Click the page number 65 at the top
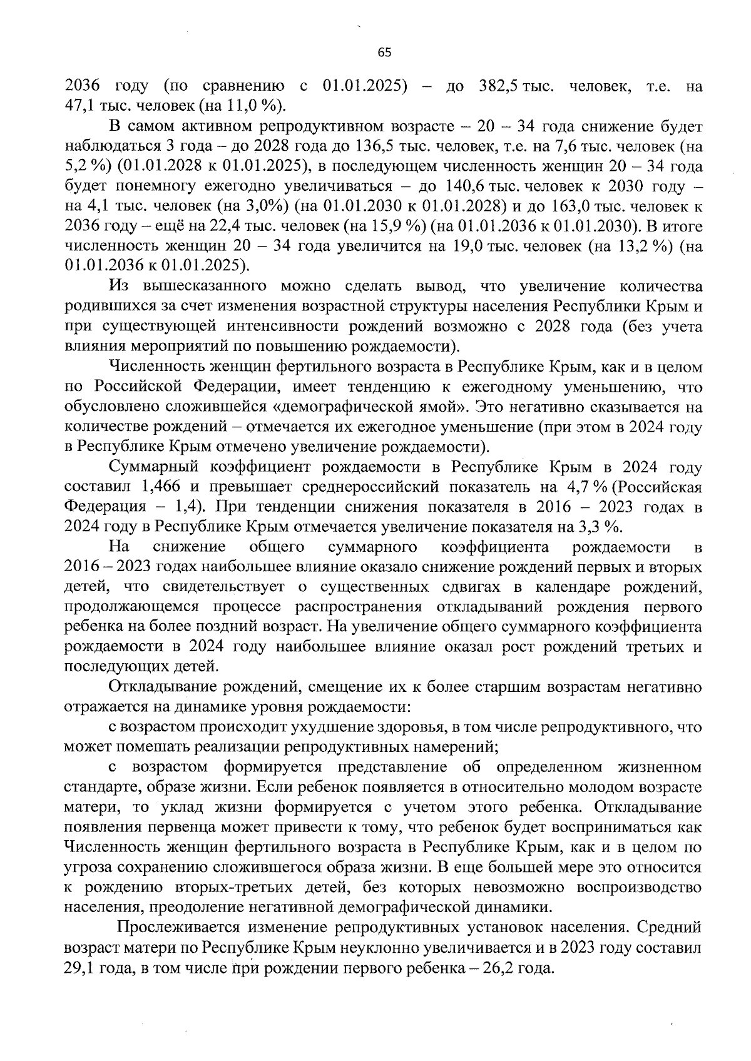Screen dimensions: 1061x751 (384, 53)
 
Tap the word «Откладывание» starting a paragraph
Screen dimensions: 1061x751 (165, 687)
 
